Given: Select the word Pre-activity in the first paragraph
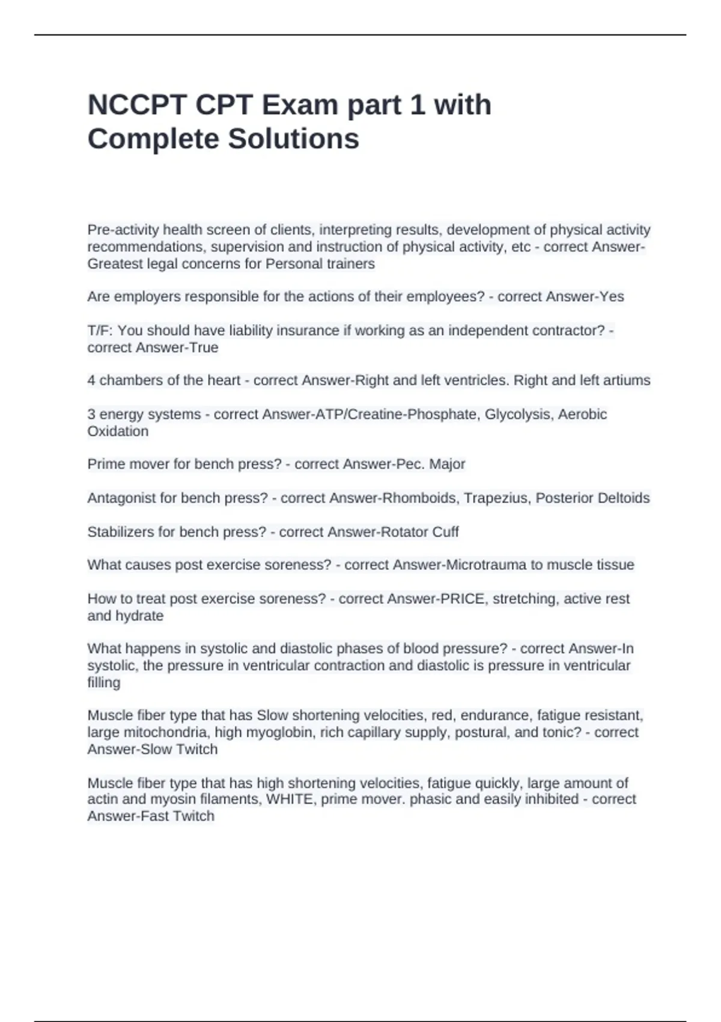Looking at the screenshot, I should [123, 230].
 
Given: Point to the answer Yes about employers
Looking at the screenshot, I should [612, 297].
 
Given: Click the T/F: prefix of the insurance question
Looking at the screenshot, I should [100, 331].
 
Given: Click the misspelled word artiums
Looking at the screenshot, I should [628, 381].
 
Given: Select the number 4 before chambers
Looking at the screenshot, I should [91, 381].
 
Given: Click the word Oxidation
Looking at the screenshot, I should [118, 431].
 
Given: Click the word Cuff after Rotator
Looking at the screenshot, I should [445, 532].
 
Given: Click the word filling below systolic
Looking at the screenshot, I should [103, 682].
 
